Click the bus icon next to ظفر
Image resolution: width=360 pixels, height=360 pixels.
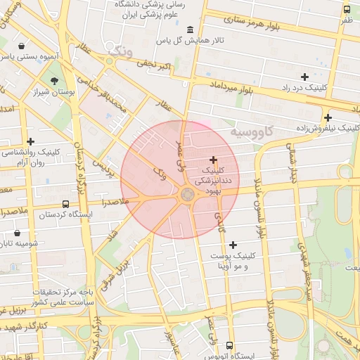[x=347, y=9]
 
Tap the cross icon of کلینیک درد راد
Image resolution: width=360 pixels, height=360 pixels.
[x=304, y=77]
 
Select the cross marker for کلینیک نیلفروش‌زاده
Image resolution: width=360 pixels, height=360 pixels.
[x=328, y=117]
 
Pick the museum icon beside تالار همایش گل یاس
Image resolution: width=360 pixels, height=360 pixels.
[x=190, y=29]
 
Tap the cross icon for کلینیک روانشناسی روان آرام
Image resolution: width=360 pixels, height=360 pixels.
[x=30, y=141]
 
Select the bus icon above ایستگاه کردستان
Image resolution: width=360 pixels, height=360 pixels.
[x=65, y=204]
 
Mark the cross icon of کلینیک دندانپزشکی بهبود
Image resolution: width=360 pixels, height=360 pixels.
[x=214, y=160]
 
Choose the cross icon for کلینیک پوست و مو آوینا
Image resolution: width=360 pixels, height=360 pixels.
[x=233, y=245]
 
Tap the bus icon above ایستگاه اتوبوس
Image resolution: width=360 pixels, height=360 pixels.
[x=230, y=345]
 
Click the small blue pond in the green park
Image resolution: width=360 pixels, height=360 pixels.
[x=347, y=252]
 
